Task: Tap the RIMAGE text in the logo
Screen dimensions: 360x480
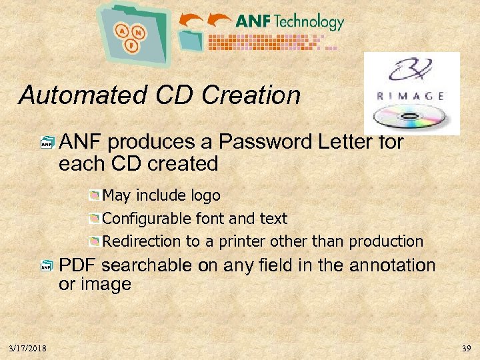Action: [x=411, y=95]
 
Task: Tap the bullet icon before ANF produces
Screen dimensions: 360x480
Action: [x=47, y=142]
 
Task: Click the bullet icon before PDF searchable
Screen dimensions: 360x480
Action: [x=47, y=267]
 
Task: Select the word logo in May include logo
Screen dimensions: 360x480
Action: [x=203, y=196]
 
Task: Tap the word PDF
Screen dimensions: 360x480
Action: [x=78, y=266]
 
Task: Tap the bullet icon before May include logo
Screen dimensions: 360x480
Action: [x=95, y=196]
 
